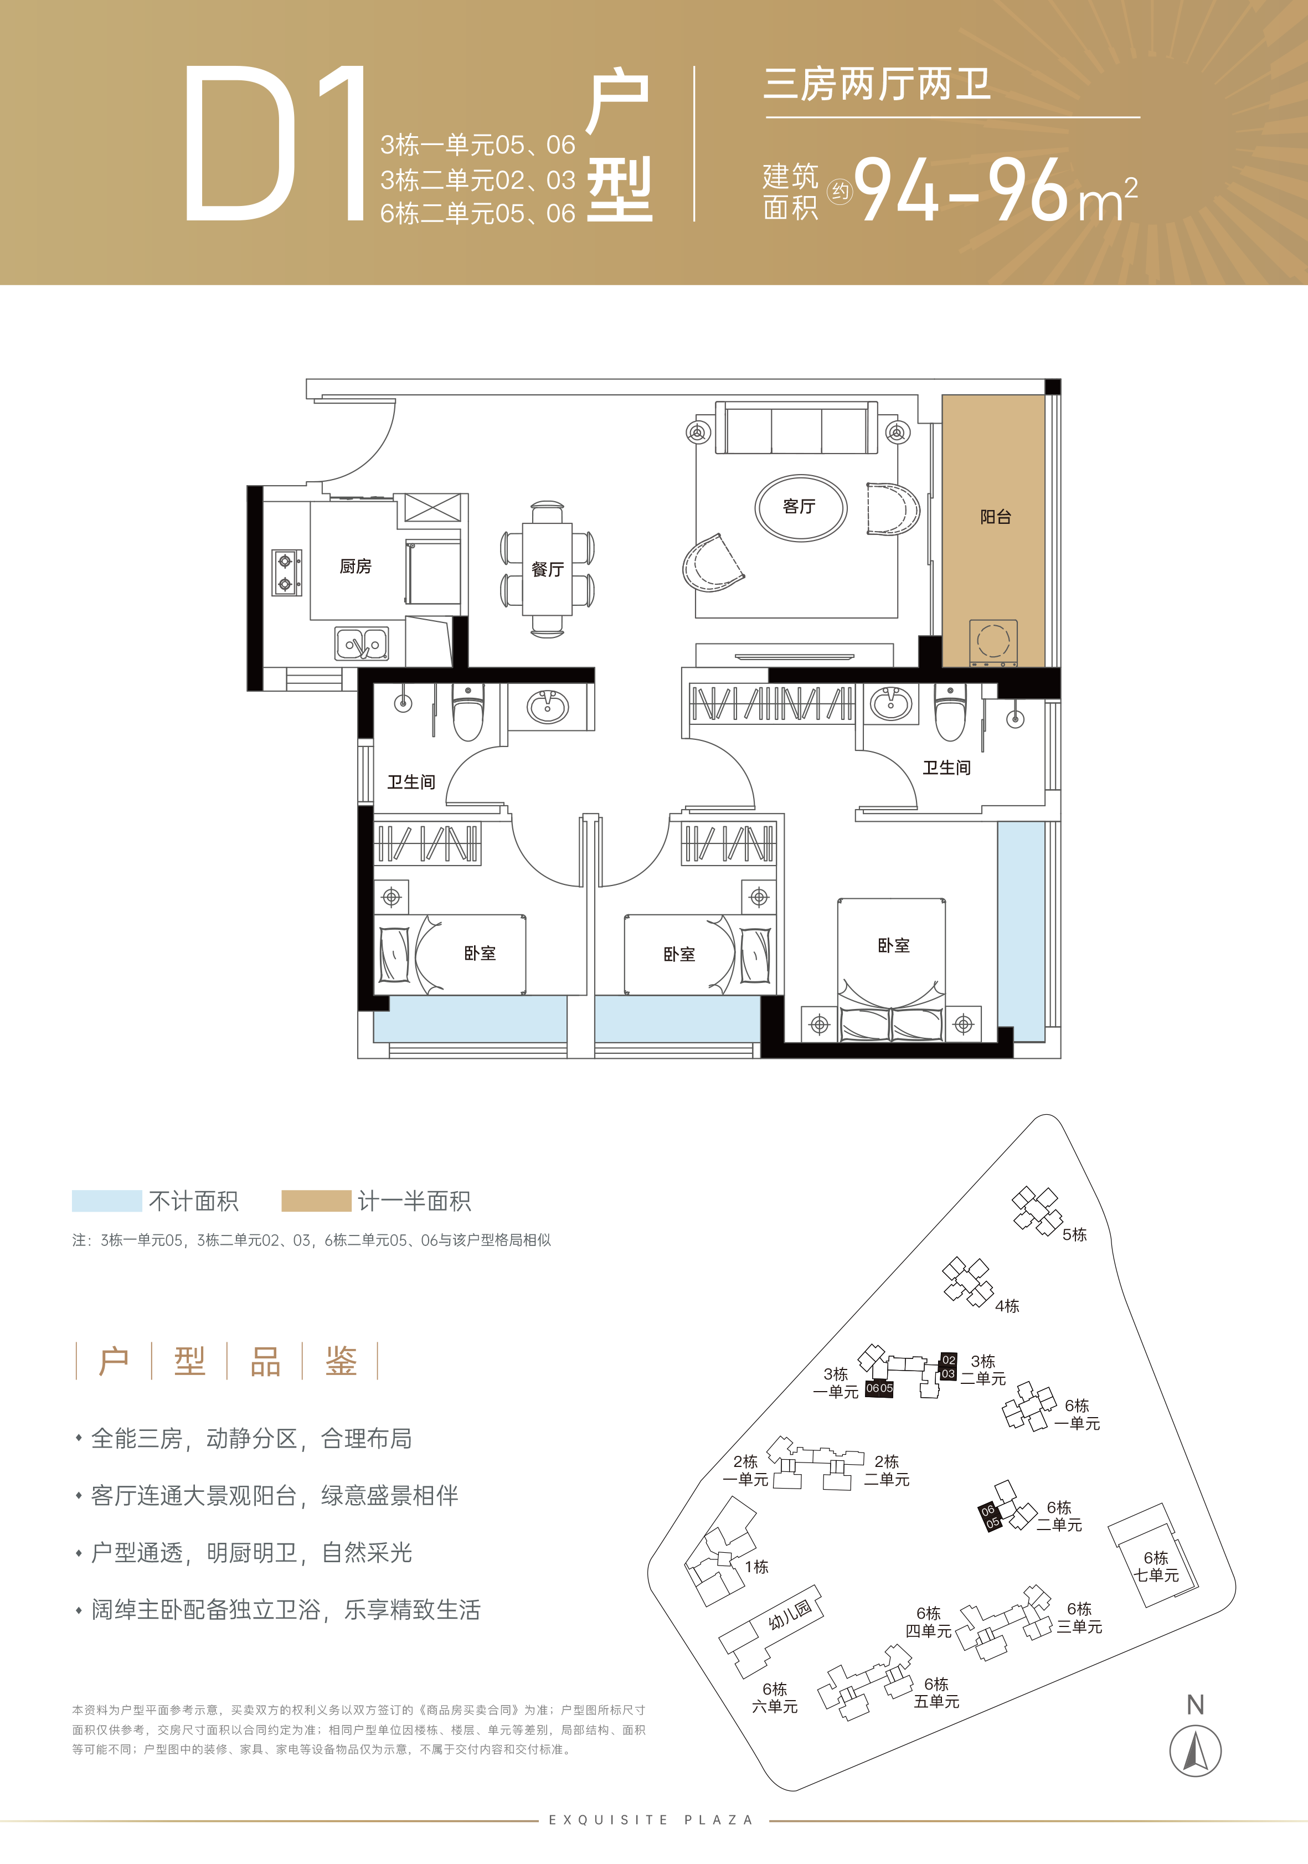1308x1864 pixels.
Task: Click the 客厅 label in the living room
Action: click(x=799, y=507)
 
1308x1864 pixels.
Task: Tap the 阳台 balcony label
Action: click(x=996, y=517)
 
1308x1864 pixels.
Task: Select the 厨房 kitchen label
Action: click(x=356, y=567)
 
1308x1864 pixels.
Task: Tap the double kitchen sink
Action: click(x=362, y=645)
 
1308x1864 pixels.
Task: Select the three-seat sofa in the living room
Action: click(x=796, y=428)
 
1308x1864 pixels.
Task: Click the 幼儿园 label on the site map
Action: click(x=790, y=1615)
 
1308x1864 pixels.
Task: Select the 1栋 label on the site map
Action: click(x=756, y=1567)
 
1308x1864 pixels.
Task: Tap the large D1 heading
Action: click(x=275, y=143)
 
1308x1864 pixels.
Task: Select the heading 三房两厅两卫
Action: click(x=877, y=84)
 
